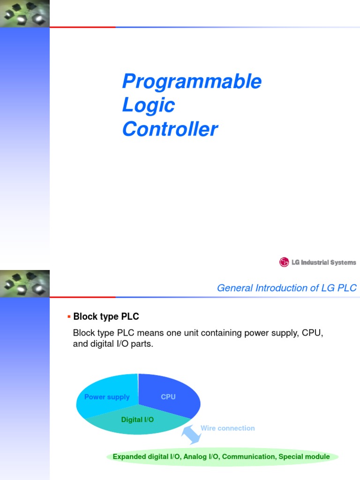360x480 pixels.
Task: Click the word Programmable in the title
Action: pos(191,82)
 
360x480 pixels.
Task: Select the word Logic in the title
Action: pos(148,105)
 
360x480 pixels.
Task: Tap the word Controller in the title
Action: pos(170,129)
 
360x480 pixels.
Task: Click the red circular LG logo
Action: pos(284,262)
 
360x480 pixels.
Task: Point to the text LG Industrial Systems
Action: pos(323,262)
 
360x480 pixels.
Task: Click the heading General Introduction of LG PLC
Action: pos(286,288)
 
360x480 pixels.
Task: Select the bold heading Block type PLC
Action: pos(106,317)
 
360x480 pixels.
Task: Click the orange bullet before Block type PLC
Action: pos(69,317)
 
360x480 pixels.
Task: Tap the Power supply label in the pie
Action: pos(107,397)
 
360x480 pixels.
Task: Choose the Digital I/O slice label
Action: pos(137,420)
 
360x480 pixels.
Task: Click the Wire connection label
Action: pos(227,428)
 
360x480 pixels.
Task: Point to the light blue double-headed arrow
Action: pos(191,434)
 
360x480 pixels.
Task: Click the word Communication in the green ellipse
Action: pos(248,457)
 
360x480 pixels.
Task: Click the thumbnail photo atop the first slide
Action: pos(24,14)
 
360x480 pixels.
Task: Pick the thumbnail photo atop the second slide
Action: pos(24,284)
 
